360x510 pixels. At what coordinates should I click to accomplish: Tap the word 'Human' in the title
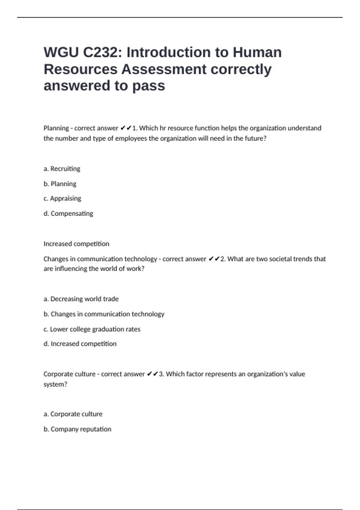point(257,52)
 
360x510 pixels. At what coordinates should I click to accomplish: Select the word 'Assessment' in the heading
point(164,69)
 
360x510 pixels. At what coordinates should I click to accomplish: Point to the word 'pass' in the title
point(148,86)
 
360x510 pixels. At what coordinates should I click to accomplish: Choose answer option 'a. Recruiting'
point(62,169)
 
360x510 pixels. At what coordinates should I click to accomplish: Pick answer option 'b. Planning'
point(60,184)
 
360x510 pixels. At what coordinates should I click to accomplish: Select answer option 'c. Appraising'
point(62,198)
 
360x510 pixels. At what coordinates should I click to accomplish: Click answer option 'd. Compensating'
point(68,213)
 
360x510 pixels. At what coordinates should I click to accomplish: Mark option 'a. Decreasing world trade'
point(81,299)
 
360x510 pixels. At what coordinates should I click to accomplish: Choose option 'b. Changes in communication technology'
point(104,314)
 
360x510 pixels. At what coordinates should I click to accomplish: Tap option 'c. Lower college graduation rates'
point(92,329)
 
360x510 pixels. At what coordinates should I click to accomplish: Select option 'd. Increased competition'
point(80,343)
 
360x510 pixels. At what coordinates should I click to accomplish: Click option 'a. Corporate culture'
point(73,414)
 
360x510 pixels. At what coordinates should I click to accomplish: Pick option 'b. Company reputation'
point(77,429)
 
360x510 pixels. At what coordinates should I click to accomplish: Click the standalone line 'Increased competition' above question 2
point(76,244)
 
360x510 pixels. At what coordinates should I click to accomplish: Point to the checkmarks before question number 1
point(126,128)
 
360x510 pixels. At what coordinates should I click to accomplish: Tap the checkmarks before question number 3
point(152,374)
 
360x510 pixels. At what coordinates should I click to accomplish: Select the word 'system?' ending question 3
point(55,384)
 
